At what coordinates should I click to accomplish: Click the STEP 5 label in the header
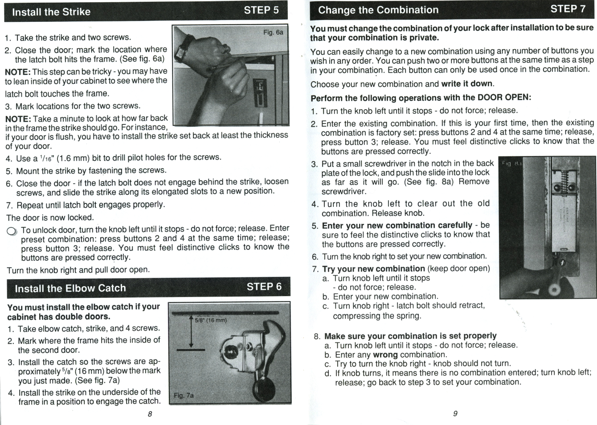point(261,10)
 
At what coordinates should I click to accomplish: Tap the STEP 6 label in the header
point(264,287)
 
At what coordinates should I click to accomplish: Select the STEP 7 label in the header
point(568,9)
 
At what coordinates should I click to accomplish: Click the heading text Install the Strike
point(51,12)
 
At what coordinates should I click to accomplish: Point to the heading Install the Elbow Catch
point(70,289)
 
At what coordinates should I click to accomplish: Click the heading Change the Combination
point(378,10)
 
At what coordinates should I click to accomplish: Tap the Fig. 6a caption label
point(273,33)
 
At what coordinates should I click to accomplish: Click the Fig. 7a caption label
point(184,396)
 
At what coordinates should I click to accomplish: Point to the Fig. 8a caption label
point(511,164)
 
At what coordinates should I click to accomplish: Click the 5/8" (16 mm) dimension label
point(211,320)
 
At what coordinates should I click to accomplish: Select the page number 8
point(150,414)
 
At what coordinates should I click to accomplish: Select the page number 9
point(455,414)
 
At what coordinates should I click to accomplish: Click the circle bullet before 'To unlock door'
point(12,231)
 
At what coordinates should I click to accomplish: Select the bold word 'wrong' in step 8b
point(385,355)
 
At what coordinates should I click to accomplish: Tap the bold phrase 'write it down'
point(466,84)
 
